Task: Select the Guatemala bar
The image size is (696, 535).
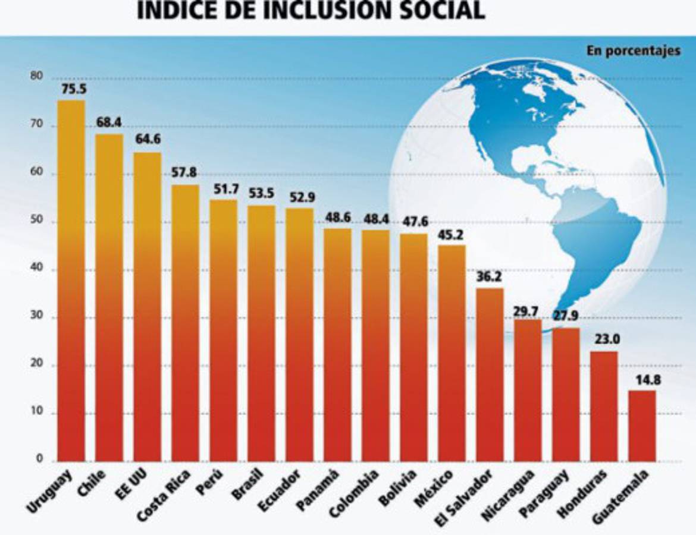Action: [x=642, y=426]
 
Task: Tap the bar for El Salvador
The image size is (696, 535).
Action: [x=490, y=374]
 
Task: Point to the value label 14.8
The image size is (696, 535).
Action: [x=642, y=380]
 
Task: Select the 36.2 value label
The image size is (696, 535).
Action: [x=490, y=278]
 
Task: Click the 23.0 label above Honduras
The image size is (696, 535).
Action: [x=604, y=341]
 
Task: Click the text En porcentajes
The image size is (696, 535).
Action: [x=633, y=51]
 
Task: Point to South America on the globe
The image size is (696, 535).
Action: [x=589, y=250]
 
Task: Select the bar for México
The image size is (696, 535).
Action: [x=452, y=353]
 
